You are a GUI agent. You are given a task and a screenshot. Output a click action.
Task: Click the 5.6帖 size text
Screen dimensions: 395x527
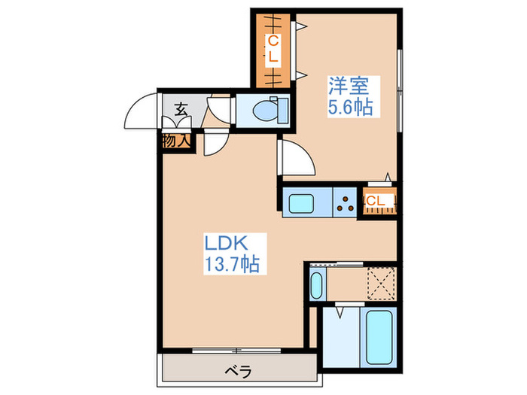[x=349, y=108]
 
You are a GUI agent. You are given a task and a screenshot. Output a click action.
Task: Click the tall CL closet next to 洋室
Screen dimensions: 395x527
[x=273, y=49]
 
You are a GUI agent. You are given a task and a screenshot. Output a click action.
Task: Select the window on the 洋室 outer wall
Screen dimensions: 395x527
[x=401, y=83]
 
